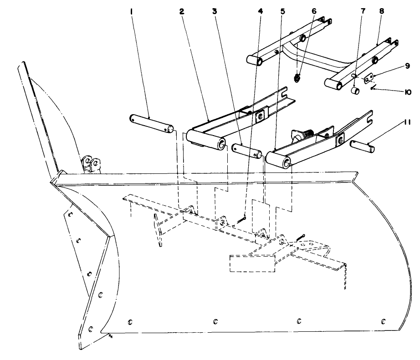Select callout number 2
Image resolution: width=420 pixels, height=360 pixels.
click(181, 13)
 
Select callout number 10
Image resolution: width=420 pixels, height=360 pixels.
click(407, 91)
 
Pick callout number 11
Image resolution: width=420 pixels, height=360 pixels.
click(407, 122)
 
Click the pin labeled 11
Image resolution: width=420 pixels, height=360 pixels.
click(364, 146)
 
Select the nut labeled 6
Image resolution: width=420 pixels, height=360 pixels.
click(297, 78)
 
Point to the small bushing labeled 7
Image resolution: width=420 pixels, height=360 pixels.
click(355, 91)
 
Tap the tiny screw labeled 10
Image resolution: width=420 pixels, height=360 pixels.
click(373, 88)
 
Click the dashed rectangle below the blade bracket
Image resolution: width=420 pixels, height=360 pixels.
click(252, 264)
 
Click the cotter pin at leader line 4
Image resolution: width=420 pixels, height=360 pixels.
click(242, 221)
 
